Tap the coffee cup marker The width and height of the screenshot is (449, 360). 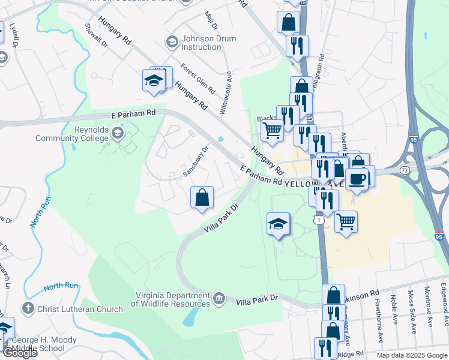357,179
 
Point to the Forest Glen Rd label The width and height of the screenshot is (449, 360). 197,78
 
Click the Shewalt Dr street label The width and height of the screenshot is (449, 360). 97,35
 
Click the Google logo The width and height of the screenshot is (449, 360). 20,353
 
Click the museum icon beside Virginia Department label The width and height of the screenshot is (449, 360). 219,298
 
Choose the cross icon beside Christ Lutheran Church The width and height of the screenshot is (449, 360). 26,309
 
